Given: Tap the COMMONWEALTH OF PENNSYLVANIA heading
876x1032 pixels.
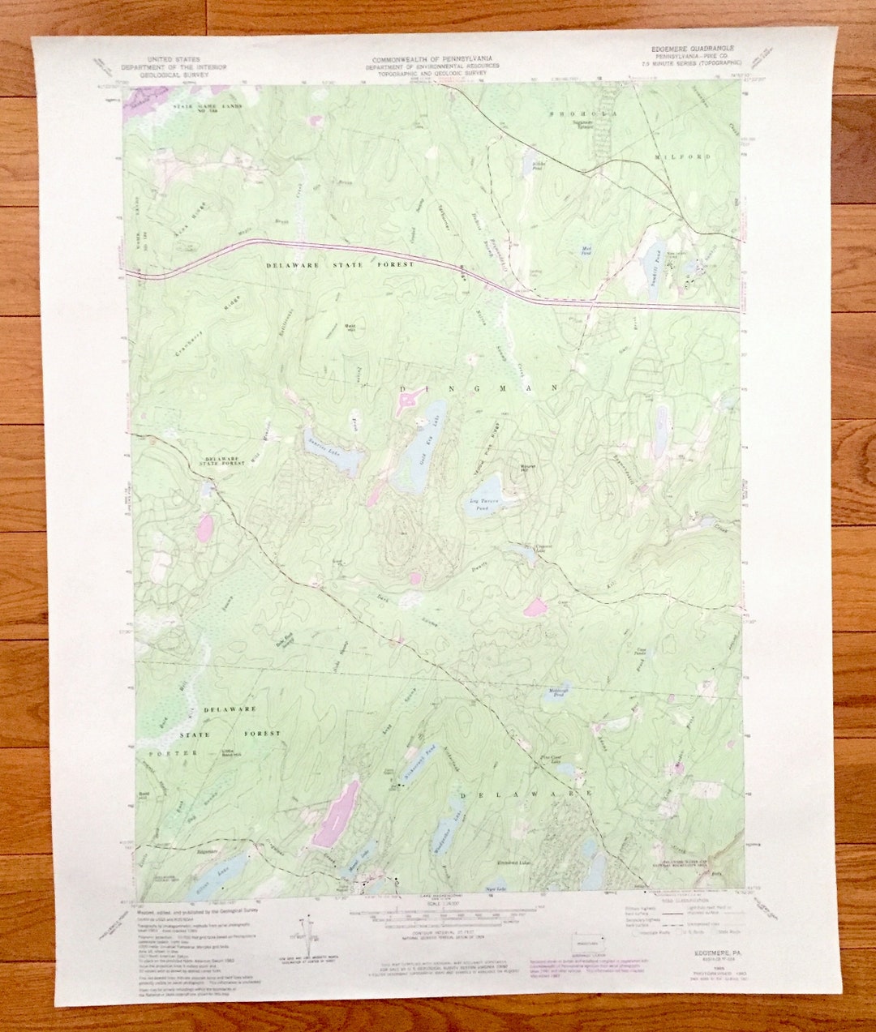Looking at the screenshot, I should point(432,60).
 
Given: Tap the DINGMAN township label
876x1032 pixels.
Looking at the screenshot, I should point(479,389).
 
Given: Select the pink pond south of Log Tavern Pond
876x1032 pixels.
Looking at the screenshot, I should point(535,607).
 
